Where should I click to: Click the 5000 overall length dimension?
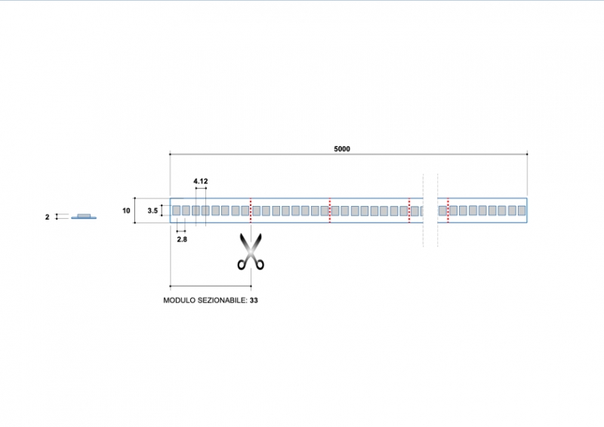(x=342, y=149)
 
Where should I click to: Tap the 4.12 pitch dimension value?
(x=200, y=182)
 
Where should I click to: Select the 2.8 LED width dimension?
(x=182, y=238)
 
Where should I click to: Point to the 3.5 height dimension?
(x=153, y=210)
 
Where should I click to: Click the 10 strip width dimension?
(x=127, y=210)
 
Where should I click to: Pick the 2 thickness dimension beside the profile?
(x=48, y=217)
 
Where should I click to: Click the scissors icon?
(x=251, y=251)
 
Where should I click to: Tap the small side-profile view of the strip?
(x=83, y=216)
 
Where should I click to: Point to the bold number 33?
(x=255, y=300)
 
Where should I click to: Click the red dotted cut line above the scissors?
(x=251, y=210)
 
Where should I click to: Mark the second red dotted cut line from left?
(x=330, y=210)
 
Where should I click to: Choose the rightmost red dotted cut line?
(x=448, y=210)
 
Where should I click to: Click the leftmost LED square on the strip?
(x=176, y=210)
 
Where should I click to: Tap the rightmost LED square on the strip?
(x=520, y=210)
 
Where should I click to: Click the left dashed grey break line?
(x=424, y=210)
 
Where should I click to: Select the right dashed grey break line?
(x=438, y=210)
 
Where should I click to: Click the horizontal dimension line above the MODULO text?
(x=211, y=286)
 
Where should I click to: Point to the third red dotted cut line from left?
(x=409, y=210)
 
